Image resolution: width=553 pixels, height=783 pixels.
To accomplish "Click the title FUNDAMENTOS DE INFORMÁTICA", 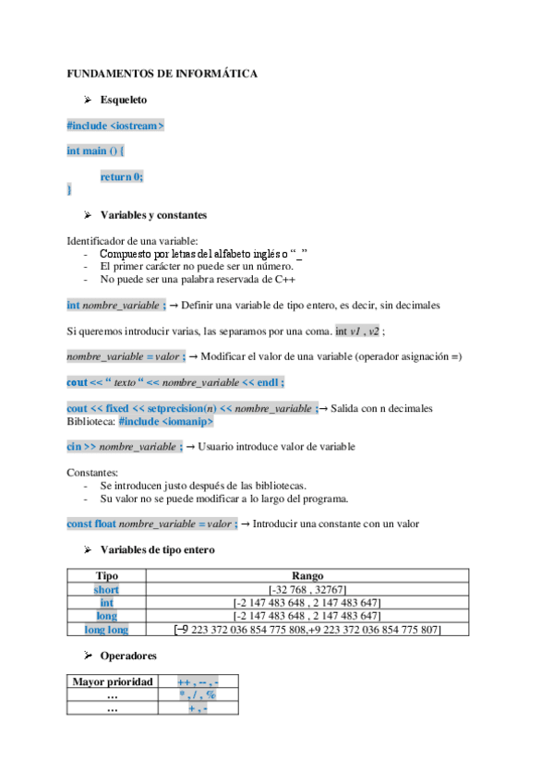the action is (x=162, y=73).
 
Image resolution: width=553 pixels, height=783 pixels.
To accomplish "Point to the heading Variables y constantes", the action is (x=153, y=215).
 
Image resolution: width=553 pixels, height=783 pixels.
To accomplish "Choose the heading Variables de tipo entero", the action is (x=157, y=549).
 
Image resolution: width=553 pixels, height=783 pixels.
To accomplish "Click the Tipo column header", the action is (x=106, y=575).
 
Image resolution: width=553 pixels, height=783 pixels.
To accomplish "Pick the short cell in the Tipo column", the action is (x=106, y=589).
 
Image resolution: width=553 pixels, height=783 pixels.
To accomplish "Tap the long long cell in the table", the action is (x=106, y=630).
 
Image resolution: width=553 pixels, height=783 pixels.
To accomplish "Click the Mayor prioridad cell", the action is (x=113, y=681).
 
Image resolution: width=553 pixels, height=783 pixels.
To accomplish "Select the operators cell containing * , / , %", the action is (x=198, y=695).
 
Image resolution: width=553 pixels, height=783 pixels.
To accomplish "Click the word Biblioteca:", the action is (x=90, y=421).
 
